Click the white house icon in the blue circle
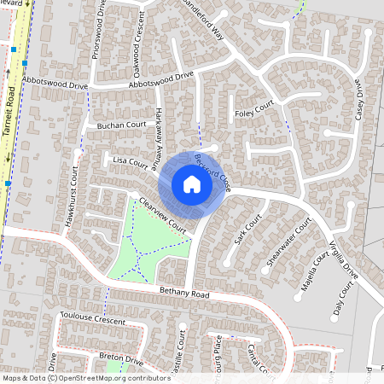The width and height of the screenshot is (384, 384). [x=191, y=183]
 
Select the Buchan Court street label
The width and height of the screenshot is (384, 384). [x=121, y=125]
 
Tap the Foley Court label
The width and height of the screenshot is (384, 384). [x=253, y=111]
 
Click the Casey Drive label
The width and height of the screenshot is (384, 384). [x=358, y=103]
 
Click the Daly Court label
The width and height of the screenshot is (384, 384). [x=343, y=303]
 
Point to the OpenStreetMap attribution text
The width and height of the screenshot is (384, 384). [x=86, y=378]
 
